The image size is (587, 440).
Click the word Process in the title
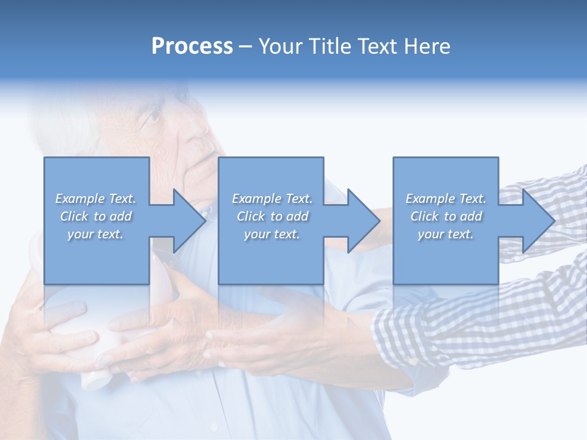192,46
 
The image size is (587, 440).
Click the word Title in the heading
330,46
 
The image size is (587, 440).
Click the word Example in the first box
79,199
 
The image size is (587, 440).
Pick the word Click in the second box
251,216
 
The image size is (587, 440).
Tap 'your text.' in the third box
446,234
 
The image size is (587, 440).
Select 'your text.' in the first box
95,234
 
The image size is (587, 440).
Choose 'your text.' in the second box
272,234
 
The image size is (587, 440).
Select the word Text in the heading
375,46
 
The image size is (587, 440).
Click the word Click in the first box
74,216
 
